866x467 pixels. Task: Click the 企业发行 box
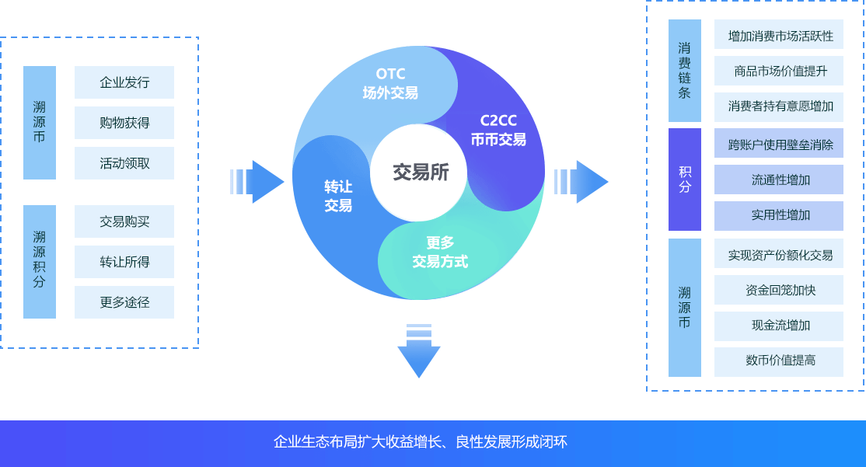point(124,82)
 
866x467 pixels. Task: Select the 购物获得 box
point(124,123)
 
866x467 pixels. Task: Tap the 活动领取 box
point(124,163)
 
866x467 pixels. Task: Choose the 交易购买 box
point(124,221)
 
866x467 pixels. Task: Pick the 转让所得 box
point(124,262)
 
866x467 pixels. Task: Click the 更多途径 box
point(124,302)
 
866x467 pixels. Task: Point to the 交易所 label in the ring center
point(420,173)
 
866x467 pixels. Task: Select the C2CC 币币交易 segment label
point(498,131)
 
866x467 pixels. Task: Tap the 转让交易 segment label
point(338,196)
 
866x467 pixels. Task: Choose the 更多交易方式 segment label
point(440,252)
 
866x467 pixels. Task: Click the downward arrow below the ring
point(419,351)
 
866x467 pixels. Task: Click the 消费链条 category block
point(685,71)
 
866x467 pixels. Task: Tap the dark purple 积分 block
point(685,179)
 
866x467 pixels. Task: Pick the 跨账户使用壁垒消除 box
point(779,144)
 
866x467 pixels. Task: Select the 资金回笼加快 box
point(779,290)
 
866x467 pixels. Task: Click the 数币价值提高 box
point(779,361)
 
